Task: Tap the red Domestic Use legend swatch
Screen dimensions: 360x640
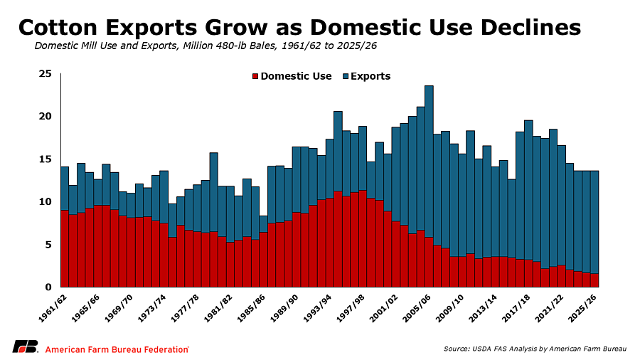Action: [255, 76]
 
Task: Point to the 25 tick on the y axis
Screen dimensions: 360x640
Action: [46, 74]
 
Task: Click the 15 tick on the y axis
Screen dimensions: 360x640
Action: [46, 159]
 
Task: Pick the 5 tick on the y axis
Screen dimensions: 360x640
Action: [49, 245]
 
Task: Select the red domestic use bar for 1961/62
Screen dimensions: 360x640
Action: [65, 248]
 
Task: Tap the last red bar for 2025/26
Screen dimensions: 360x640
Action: [594, 280]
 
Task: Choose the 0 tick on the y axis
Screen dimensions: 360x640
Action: [49, 287]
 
